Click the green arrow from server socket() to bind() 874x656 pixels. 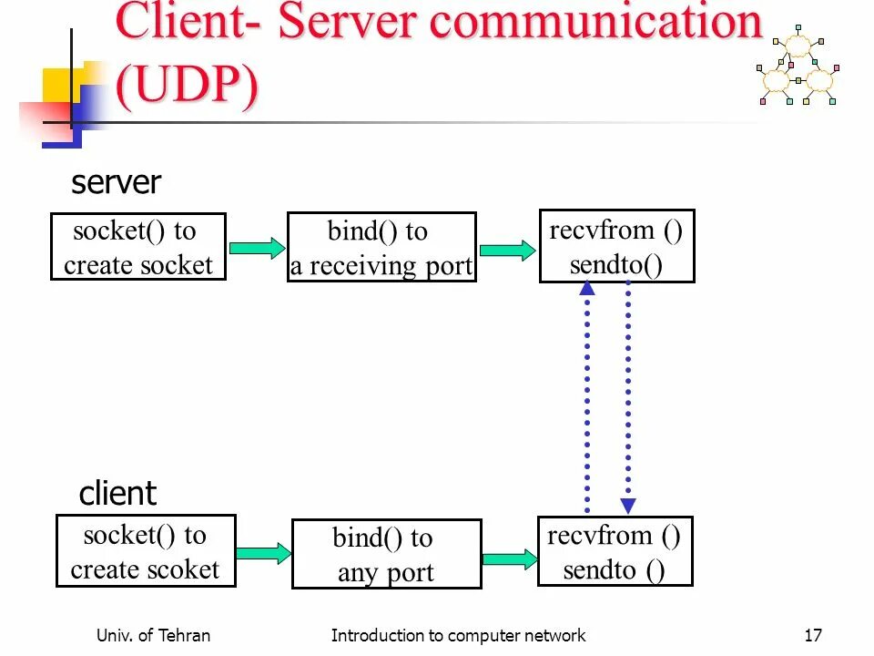[x=257, y=248]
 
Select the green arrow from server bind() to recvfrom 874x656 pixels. [x=507, y=250]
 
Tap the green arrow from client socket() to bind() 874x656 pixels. [x=264, y=553]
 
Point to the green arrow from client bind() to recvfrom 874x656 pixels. [x=510, y=559]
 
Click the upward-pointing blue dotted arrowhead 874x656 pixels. [x=587, y=288]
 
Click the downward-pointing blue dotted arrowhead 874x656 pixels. [x=628, y=506]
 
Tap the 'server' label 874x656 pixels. [x=116, y=182]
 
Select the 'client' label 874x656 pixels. [x=117, y=493]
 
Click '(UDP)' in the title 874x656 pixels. [x=188, y=85]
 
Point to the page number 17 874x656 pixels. [x=813, y=635]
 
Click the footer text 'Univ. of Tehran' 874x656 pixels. [x=153, y=635]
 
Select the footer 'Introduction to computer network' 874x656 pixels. [x=458, y=635]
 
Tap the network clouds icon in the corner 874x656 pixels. [x=798, y=66]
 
